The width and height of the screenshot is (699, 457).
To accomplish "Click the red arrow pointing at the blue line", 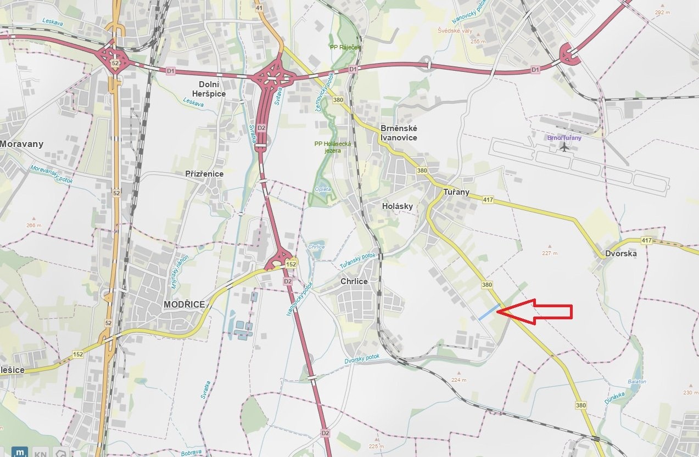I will pos(538,312).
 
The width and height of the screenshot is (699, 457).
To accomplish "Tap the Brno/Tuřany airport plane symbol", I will pos(564,147).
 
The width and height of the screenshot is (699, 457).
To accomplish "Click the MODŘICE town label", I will pos(184,304).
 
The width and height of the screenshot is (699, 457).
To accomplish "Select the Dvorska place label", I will pos(620,253).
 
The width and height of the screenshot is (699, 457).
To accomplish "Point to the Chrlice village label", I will pos(354,281).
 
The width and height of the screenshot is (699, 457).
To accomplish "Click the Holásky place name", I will pos(397,206).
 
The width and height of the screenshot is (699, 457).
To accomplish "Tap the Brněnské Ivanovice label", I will pos(399,133).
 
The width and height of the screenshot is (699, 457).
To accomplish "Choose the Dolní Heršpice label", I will pos(220,89).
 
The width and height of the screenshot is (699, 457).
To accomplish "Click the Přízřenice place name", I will pos(204,174).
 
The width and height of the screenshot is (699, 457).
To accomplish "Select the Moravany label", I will pos(21,144).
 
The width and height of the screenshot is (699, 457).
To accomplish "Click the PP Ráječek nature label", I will pos(345,47).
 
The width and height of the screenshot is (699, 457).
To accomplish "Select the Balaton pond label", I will pos(637,382).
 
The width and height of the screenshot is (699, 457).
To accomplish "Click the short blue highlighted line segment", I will pos(489,312).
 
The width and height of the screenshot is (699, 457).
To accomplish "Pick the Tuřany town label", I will pos(456,192).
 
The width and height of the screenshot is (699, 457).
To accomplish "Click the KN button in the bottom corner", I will pos(40,453).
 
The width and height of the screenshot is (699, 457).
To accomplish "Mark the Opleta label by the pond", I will pos(323,189).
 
